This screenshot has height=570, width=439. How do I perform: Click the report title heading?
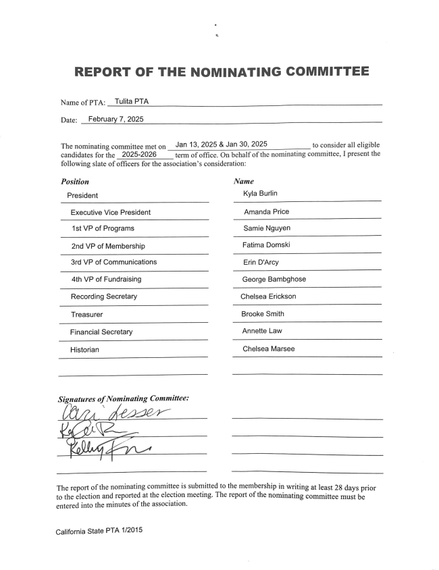click(222, 72)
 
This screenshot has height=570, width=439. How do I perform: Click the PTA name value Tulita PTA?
click(132, 101)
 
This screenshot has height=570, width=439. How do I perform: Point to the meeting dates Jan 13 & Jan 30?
click(221, 145)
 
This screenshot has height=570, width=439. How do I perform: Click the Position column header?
click(74, 182)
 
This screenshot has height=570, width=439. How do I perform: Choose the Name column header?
click(244, 182)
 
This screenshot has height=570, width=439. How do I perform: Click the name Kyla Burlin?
click(260, 195)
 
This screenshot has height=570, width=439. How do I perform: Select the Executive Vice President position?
click(111, 212)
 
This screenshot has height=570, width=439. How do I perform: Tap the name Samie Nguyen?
click(267, 229)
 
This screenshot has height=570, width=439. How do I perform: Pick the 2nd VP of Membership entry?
click(108, 246)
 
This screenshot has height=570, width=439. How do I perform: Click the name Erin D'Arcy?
click(261, 262)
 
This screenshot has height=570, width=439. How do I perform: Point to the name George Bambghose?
click(274, 279)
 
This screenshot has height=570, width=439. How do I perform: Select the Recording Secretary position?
click(104, 296)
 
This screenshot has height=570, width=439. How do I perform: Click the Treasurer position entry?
click(87, 315)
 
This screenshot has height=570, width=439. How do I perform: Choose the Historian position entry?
click(84, 350)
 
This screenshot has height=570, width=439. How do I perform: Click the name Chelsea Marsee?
click(268, 349)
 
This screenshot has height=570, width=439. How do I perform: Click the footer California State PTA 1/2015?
click(99, 531)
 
